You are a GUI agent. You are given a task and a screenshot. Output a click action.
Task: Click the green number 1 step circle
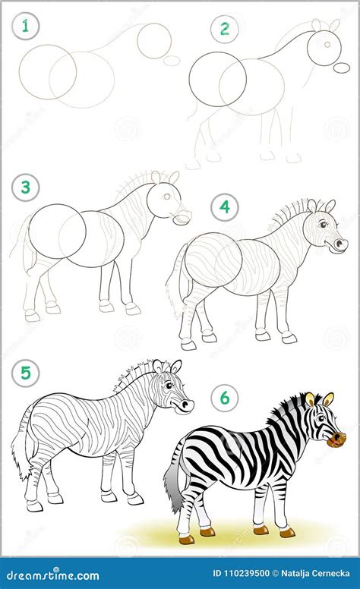click(x=25, y=27)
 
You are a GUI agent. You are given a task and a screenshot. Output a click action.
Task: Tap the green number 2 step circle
click(x=224, y=29)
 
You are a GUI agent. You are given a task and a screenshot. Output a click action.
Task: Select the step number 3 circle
click(x=25, y=187)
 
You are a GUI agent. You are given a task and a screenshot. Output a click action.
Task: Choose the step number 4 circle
click(x=224, y=206)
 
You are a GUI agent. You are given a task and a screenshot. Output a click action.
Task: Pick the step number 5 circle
click(x=25, y=373)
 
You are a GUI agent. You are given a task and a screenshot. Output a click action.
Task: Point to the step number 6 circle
click(x=224, y=398)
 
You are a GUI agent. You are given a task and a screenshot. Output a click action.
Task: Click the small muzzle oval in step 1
click(x=172, y=61)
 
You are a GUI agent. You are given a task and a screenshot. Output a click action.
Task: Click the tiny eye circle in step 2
click(x=327, y=44)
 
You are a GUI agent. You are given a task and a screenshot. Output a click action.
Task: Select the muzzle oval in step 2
click(x=342, y=68)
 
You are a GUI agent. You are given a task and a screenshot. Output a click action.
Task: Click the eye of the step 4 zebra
click(x=323, y=225)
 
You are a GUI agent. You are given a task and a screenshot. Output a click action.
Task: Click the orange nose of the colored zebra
click(x=336, y=440)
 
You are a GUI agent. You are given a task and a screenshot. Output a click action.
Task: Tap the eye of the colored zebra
click(x=321, y=418)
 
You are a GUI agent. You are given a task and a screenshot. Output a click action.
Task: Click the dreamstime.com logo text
click(x=53, y=575)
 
